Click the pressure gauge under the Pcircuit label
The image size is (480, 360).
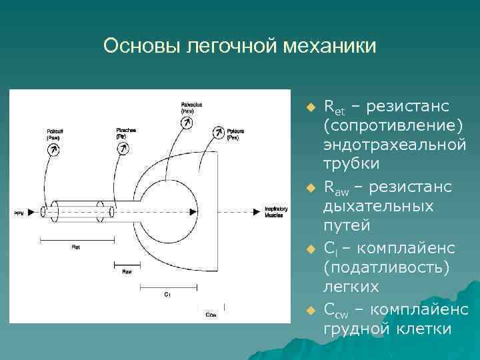click(53, 150)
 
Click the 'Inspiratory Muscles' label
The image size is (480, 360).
click(275, 211)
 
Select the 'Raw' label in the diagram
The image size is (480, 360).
click(127, 271)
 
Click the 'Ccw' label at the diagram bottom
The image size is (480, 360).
click(211, 313)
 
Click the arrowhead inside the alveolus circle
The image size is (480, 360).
click(193, 211)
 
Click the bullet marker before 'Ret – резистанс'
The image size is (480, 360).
click(309, 107)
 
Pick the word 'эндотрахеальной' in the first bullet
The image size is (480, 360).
click(395, 144)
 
